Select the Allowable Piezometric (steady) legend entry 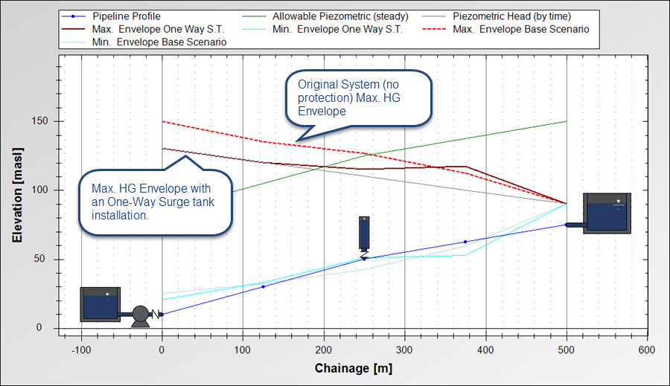click(x=323, y=16)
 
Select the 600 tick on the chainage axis click(x=647, y=350)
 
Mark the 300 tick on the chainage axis click(x=404, y=350)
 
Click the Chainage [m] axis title click(x=353, y=368)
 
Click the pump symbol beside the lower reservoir click(x=139, y=315)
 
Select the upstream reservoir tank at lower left click(x=100, y=304)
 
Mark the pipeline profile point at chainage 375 click(x=465, y=242)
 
